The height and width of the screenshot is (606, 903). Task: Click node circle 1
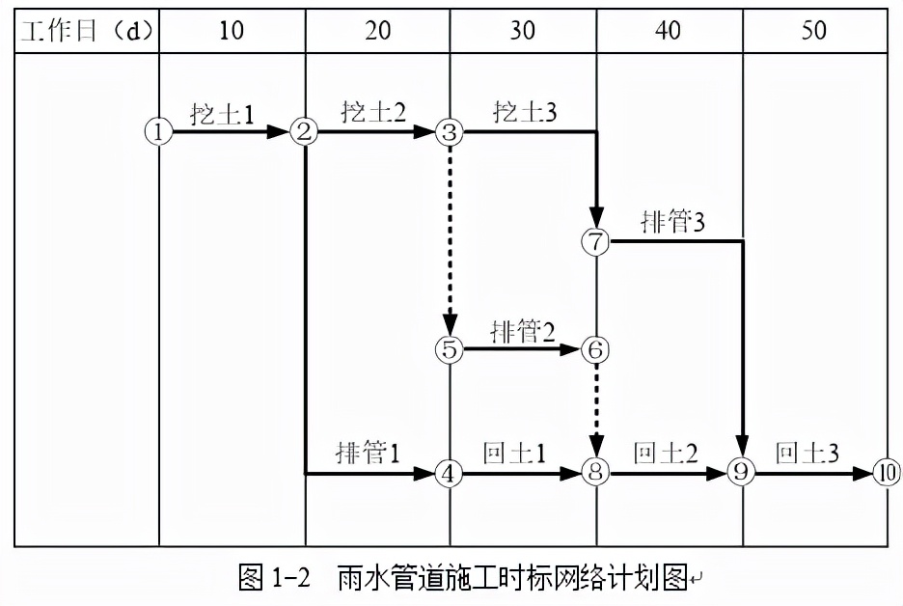[158, 132]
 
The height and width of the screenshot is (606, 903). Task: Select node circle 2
[304, 132]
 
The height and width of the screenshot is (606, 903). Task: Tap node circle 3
[450, 132]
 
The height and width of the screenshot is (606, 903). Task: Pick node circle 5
[450, 348]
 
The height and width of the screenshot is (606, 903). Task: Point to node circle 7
[596, 241]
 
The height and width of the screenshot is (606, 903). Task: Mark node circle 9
[742, 473]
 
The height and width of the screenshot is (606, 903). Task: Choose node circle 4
[450, 473]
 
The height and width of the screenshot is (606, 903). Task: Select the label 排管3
[672, 222]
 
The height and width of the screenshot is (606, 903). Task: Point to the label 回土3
[807, 453]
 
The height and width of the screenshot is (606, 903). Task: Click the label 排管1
[368, 453]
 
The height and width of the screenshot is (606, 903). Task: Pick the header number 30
[522, 30]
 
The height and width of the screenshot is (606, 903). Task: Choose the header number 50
[814, 30]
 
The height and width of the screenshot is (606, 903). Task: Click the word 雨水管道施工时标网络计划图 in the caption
[511, 579]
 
